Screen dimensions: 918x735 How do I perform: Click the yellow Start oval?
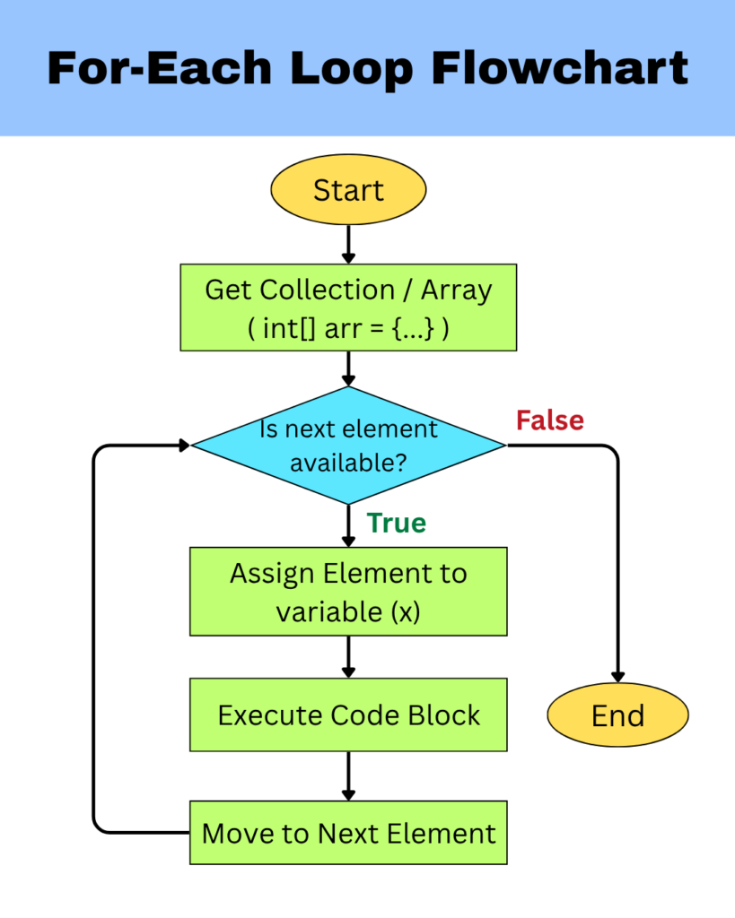tap(348, 190)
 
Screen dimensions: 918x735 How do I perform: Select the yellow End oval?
tap(617, 715)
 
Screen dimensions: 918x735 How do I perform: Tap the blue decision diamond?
tap(348, 445)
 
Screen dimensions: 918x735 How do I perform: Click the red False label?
tap(549, 420)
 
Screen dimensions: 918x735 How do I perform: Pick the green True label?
tap(396, 523)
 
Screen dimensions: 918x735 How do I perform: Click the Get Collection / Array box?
tap(348, 307)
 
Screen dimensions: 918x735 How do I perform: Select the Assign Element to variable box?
tap(348, 592)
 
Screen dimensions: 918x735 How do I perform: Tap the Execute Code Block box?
tap(348, 714)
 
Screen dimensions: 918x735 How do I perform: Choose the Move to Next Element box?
tap(348, 833)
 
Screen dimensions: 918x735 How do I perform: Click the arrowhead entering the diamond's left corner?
tap(184, 445)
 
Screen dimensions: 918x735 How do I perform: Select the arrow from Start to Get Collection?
tap(348, 243)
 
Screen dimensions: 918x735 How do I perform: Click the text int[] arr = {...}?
tap(348, 328)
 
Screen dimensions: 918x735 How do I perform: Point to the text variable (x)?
tap(348, 612)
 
